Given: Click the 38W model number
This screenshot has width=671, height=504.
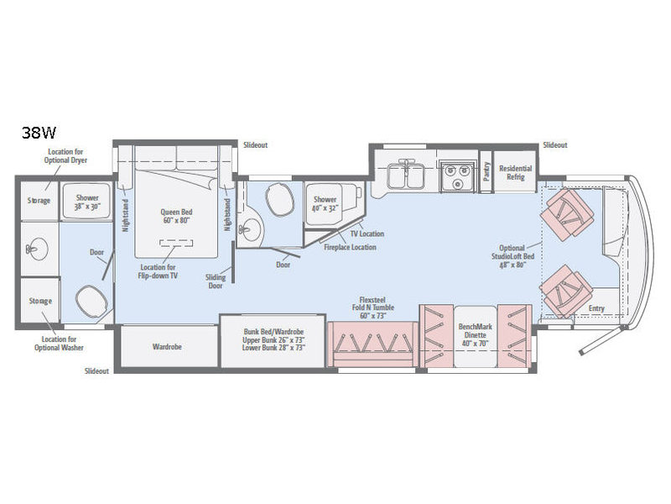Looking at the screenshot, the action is point(39,133).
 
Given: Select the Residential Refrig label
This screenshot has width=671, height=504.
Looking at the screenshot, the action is point(515,172).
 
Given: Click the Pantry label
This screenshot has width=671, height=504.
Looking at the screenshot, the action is point(486,171).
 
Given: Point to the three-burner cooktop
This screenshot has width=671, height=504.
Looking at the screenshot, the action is point(457,176).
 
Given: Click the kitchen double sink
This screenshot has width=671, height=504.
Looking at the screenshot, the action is point(405,175).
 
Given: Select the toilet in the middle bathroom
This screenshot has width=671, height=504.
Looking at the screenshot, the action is point(279,198).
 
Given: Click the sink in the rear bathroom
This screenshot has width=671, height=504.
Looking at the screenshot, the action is point(37,249).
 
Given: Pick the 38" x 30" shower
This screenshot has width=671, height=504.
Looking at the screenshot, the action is point(87,202).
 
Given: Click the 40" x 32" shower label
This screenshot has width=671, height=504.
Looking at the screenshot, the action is point(325,203).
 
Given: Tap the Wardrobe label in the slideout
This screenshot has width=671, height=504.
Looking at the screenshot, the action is point(167,347).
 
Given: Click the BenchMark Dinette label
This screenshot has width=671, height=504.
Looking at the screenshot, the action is point(475,334).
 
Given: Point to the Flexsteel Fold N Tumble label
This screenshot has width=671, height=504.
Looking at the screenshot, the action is point(372,307).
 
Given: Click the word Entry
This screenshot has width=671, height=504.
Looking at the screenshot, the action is point(596,308).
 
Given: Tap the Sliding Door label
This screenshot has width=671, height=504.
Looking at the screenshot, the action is point(216,281).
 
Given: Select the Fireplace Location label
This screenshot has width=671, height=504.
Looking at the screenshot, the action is point(350,247).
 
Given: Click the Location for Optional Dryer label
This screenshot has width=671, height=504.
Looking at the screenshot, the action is point(65,156).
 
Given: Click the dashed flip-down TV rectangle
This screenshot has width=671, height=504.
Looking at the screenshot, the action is point(176,243).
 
